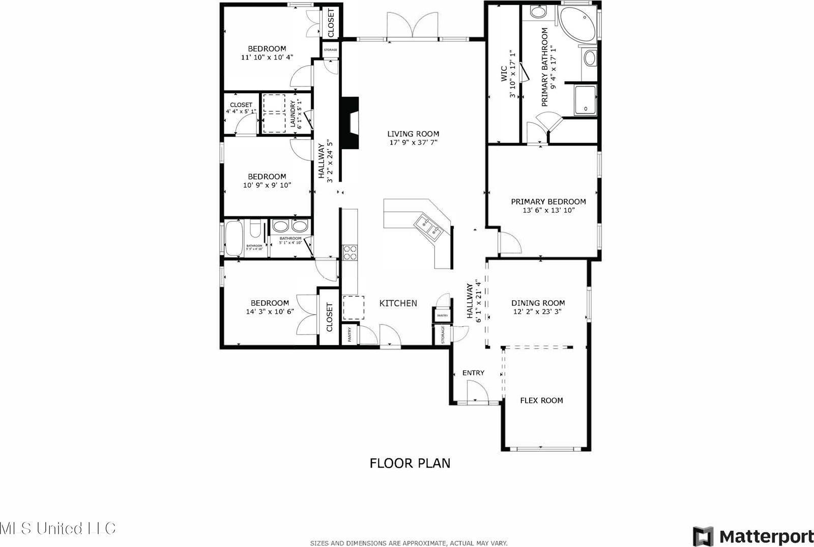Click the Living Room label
click(x=414, y=134)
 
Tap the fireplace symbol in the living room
click(x=351, y=123)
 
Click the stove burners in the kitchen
click(x=350, y=252)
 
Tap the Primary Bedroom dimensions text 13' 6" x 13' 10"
click(x=548, y=210)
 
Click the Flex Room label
click(x=541, y=400)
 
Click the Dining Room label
click(x=538, y=303)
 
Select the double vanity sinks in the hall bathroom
click(x=289, y=226)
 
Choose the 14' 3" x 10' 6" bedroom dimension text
click(x=270, y=312)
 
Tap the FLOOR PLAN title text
click(x=410, y=463)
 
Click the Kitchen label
click(x=398, y=303)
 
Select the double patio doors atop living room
click(x=413, y=25)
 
